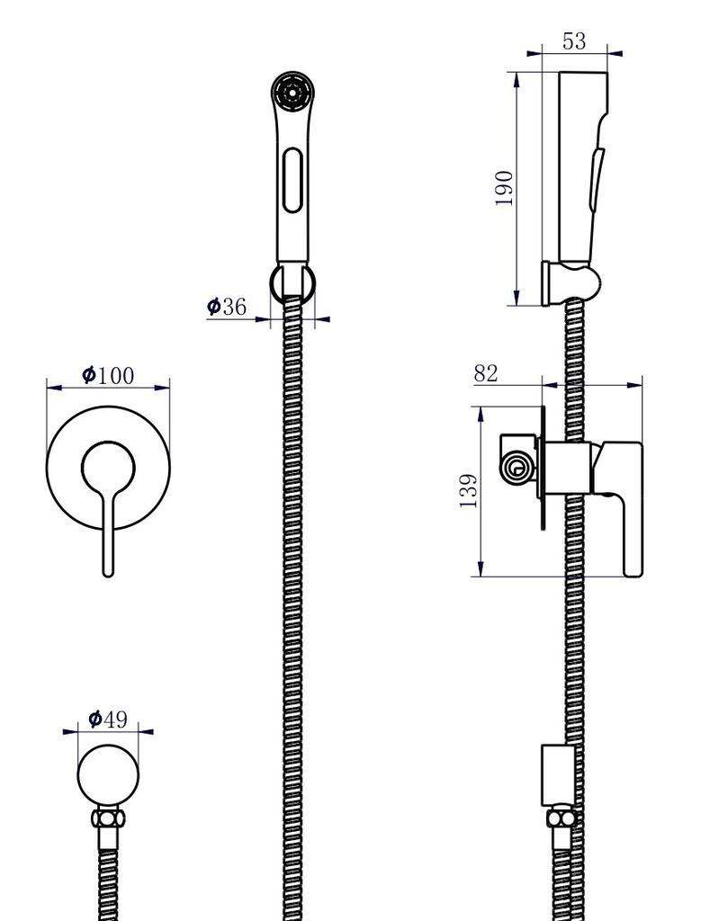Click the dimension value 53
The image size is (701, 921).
573,41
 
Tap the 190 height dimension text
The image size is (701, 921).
505,188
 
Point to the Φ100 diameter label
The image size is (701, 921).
107,374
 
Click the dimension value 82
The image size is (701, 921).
486,373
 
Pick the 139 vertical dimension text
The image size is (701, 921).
469,491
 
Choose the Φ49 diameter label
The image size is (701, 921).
108,719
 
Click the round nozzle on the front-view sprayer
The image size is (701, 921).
290,93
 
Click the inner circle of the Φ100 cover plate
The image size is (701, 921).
108,468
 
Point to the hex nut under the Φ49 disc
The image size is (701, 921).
109,819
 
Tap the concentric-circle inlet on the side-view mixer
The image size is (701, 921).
517,466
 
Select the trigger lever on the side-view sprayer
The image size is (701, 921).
595,180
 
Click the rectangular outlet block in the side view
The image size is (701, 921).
558,773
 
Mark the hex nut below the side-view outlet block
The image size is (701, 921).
560,818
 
